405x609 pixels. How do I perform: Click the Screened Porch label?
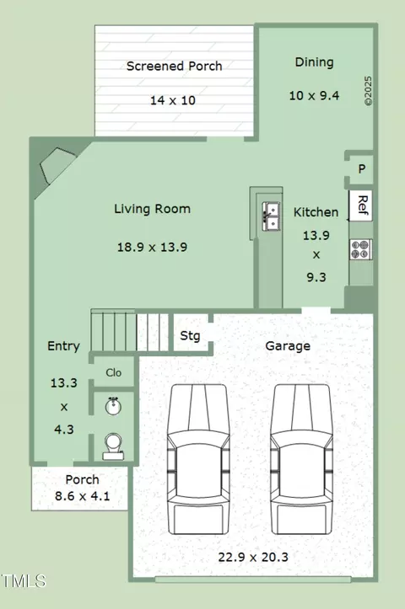coord(175,67)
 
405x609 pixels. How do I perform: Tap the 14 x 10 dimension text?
coord(173,100)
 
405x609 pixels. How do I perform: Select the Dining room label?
coord(315,62)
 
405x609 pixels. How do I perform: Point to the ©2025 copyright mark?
coord(368,90)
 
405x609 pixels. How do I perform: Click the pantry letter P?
coord(362,169)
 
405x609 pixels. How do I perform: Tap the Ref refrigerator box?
coord(361,206)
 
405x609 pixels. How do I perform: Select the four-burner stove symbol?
coord(360,249)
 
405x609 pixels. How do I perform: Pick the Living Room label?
coord(152,209)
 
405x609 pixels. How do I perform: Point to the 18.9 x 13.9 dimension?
coord(152,247)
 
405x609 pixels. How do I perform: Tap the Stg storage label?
coord(190,336)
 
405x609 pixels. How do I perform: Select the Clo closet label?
coord(114,372)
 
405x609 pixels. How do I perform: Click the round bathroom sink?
coord(113,406)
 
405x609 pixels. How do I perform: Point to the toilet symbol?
coord(113,446)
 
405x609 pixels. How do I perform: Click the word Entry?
coord(63,346)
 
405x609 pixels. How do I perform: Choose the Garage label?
coord(288,346)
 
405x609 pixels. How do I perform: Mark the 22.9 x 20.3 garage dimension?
coord(253,558)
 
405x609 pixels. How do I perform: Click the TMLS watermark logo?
coord(24,581)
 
